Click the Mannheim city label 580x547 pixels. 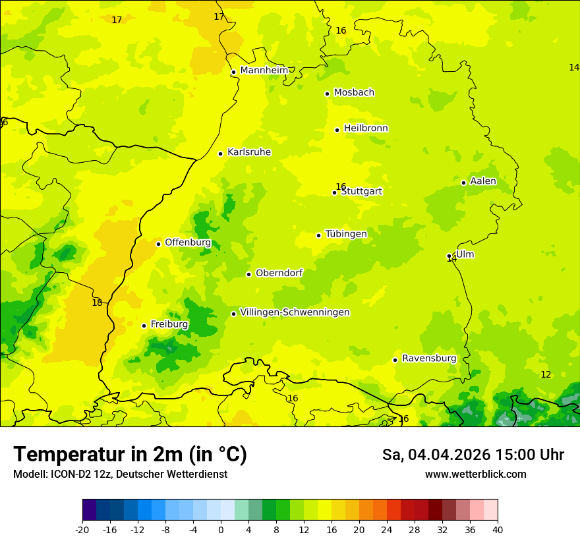pyautogui.click(x=264, y=71)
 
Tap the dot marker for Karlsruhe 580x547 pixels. pyautogui.click(x=221, y=154)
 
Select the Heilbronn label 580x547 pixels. pyautogui.click(x=366, y=129)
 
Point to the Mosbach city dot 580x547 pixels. pyautogui.click(x=328, y=94)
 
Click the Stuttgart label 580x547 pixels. pyautogui.click(x=361, y=191)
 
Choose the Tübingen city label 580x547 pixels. pyautogui.click(x=346, y=234)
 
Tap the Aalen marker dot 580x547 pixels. pyautogui.click(x=464, y=183)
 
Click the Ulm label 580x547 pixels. pyautogui.click(x=465, y=254)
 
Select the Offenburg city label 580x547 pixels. pyautogui.click(x=188, y=243)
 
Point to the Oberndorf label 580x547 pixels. pyautogui.click(x=279, y=273)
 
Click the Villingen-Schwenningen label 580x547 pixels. pyautogui.click(x=295, y=312)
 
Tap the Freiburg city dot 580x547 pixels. pyautogui.click(x=144, y=326)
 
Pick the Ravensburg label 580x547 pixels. pyautogui.click(x=429, y=359)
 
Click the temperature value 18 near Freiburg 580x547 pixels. pyautogui.click(x=97, y=302)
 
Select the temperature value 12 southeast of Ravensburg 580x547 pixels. pyautogui.click(x=546, y=374)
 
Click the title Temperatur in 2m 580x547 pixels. pyautogui.click(x=130, y=454)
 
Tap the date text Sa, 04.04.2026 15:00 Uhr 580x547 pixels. pyautogui.click(x=473, y=455)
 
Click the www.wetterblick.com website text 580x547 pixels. pyautogui.click(x=475, y=475)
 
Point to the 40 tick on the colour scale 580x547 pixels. pyautogui.click(x=498, y=529)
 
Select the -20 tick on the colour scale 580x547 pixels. pyautogui.click(x=82, y=529)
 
